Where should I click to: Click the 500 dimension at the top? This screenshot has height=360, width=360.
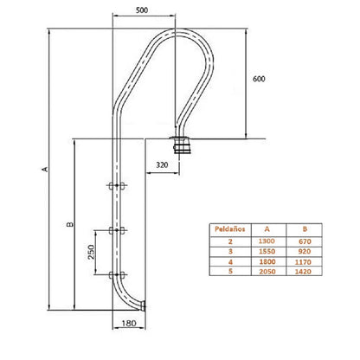142,10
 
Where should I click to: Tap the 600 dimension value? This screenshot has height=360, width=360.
259,79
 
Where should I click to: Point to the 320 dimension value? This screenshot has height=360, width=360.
162,165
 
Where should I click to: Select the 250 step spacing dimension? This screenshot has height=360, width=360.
91,252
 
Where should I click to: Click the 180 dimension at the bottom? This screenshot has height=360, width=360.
129,324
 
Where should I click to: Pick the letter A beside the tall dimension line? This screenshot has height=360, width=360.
45,169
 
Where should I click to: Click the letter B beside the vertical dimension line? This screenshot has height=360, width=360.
70,224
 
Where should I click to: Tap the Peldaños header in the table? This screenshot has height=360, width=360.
230,229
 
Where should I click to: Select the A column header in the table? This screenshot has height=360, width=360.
267,229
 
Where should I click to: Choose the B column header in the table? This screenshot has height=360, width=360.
305,229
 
